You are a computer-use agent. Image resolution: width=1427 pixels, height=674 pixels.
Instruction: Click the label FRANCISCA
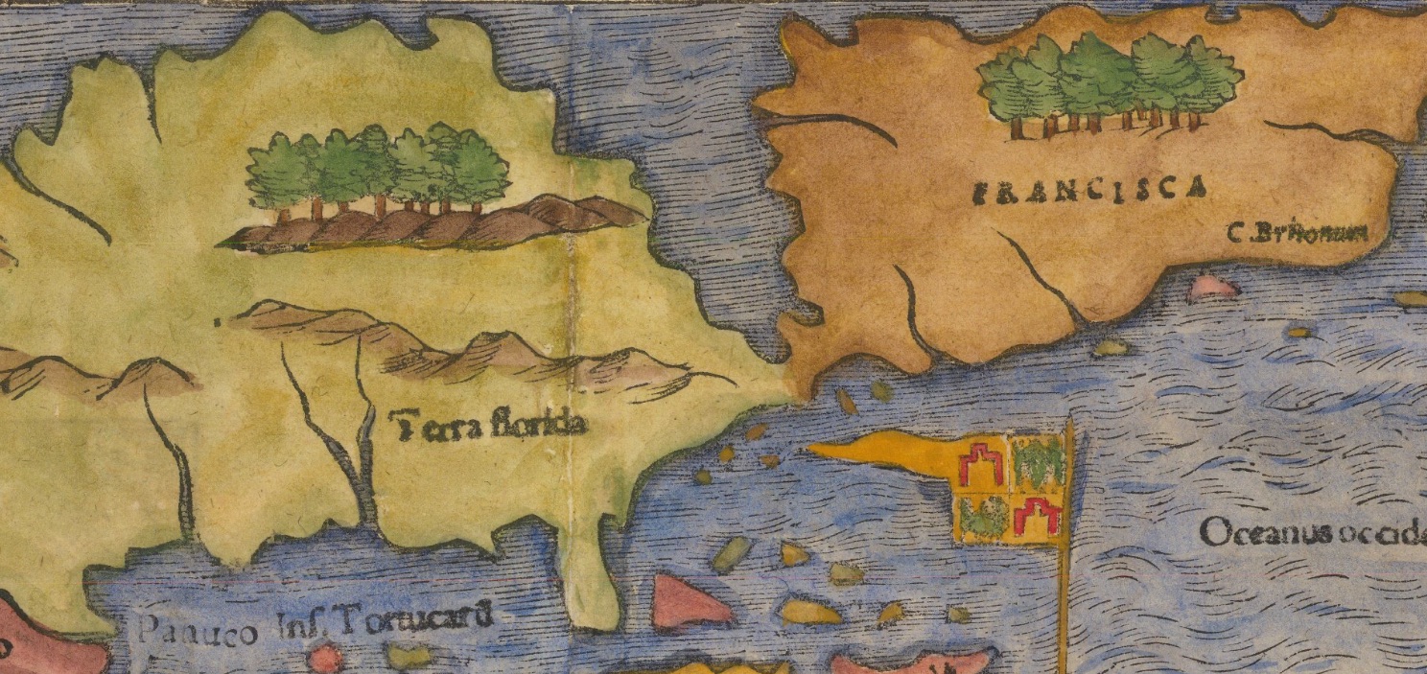[1088, 190]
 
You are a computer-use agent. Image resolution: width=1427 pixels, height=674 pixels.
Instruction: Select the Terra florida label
[490, 423]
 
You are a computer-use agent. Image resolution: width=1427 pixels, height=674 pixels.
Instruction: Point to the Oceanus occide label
[1312, 533]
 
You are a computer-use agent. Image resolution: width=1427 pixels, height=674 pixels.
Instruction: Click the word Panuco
[197, 630]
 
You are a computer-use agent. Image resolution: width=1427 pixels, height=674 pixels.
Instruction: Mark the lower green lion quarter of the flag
[984, 517]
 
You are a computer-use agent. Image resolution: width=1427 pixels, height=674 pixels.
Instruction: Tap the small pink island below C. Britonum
[1212, 287]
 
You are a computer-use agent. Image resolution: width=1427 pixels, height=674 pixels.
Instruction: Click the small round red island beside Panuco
[326, 659]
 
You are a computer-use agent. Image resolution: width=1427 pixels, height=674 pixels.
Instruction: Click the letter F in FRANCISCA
[980, 194]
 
